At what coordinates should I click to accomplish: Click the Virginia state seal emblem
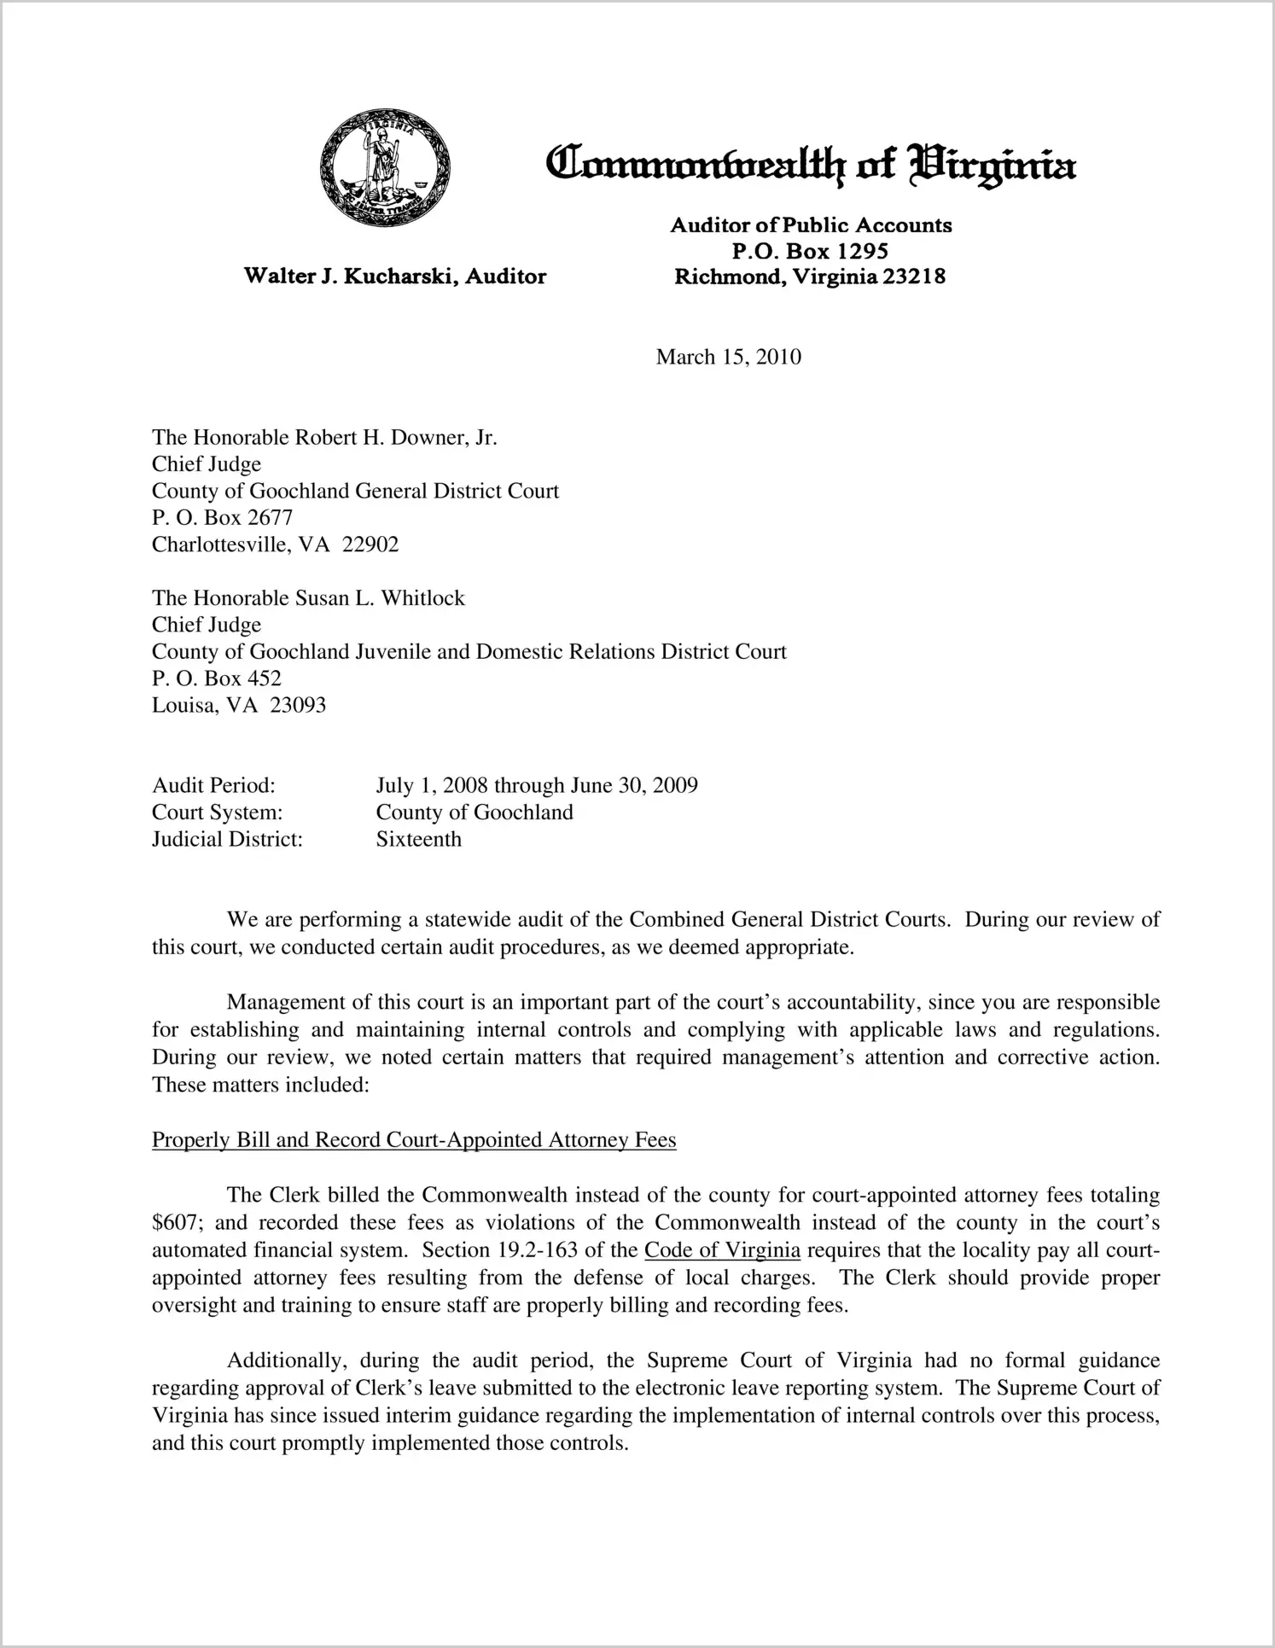(384, 167)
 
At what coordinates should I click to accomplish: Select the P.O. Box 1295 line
(810, 251)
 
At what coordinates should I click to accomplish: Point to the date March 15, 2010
(728, 357)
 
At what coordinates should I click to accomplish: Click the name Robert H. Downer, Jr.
(396, 438)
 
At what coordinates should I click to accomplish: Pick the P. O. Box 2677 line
(222, 517)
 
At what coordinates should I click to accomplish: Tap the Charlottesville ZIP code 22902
(370, 544)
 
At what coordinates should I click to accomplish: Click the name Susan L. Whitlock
(380, 598)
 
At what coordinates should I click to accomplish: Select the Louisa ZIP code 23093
(297, 705)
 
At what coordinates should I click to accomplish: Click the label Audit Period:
(213, 785)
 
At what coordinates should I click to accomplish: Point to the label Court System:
(217, 812)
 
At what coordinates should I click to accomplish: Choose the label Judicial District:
(227, 839)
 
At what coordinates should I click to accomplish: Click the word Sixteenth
(418, 839)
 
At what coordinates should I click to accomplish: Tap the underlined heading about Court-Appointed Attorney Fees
(414, 1140)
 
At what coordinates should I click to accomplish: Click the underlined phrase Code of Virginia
(722, 1250)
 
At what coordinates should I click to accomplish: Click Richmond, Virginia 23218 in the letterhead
(810, 277)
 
